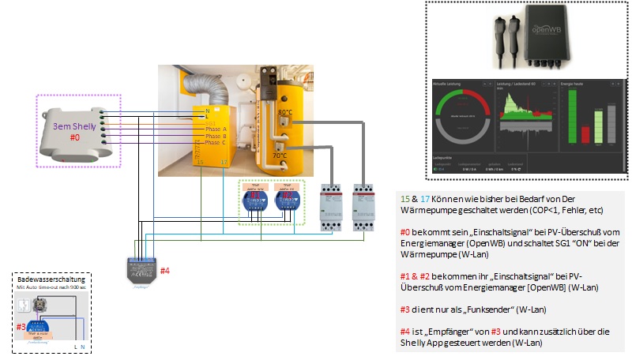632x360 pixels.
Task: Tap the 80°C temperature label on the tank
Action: [x=285, y=113]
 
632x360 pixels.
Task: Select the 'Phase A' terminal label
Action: [x=216, y=128]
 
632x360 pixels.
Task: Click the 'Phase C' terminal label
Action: [x=216, y=143]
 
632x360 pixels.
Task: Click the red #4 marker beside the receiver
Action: [x=165, y=271]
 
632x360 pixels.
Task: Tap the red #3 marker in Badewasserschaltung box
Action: [x=21, y=326]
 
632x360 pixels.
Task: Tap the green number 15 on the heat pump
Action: [x=201, y=163]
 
